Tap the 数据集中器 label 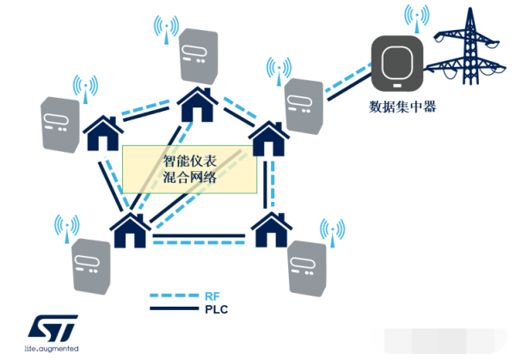point(398,107)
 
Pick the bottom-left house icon point(130,229)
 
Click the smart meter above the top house point(199,58)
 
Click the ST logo point(52,327)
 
